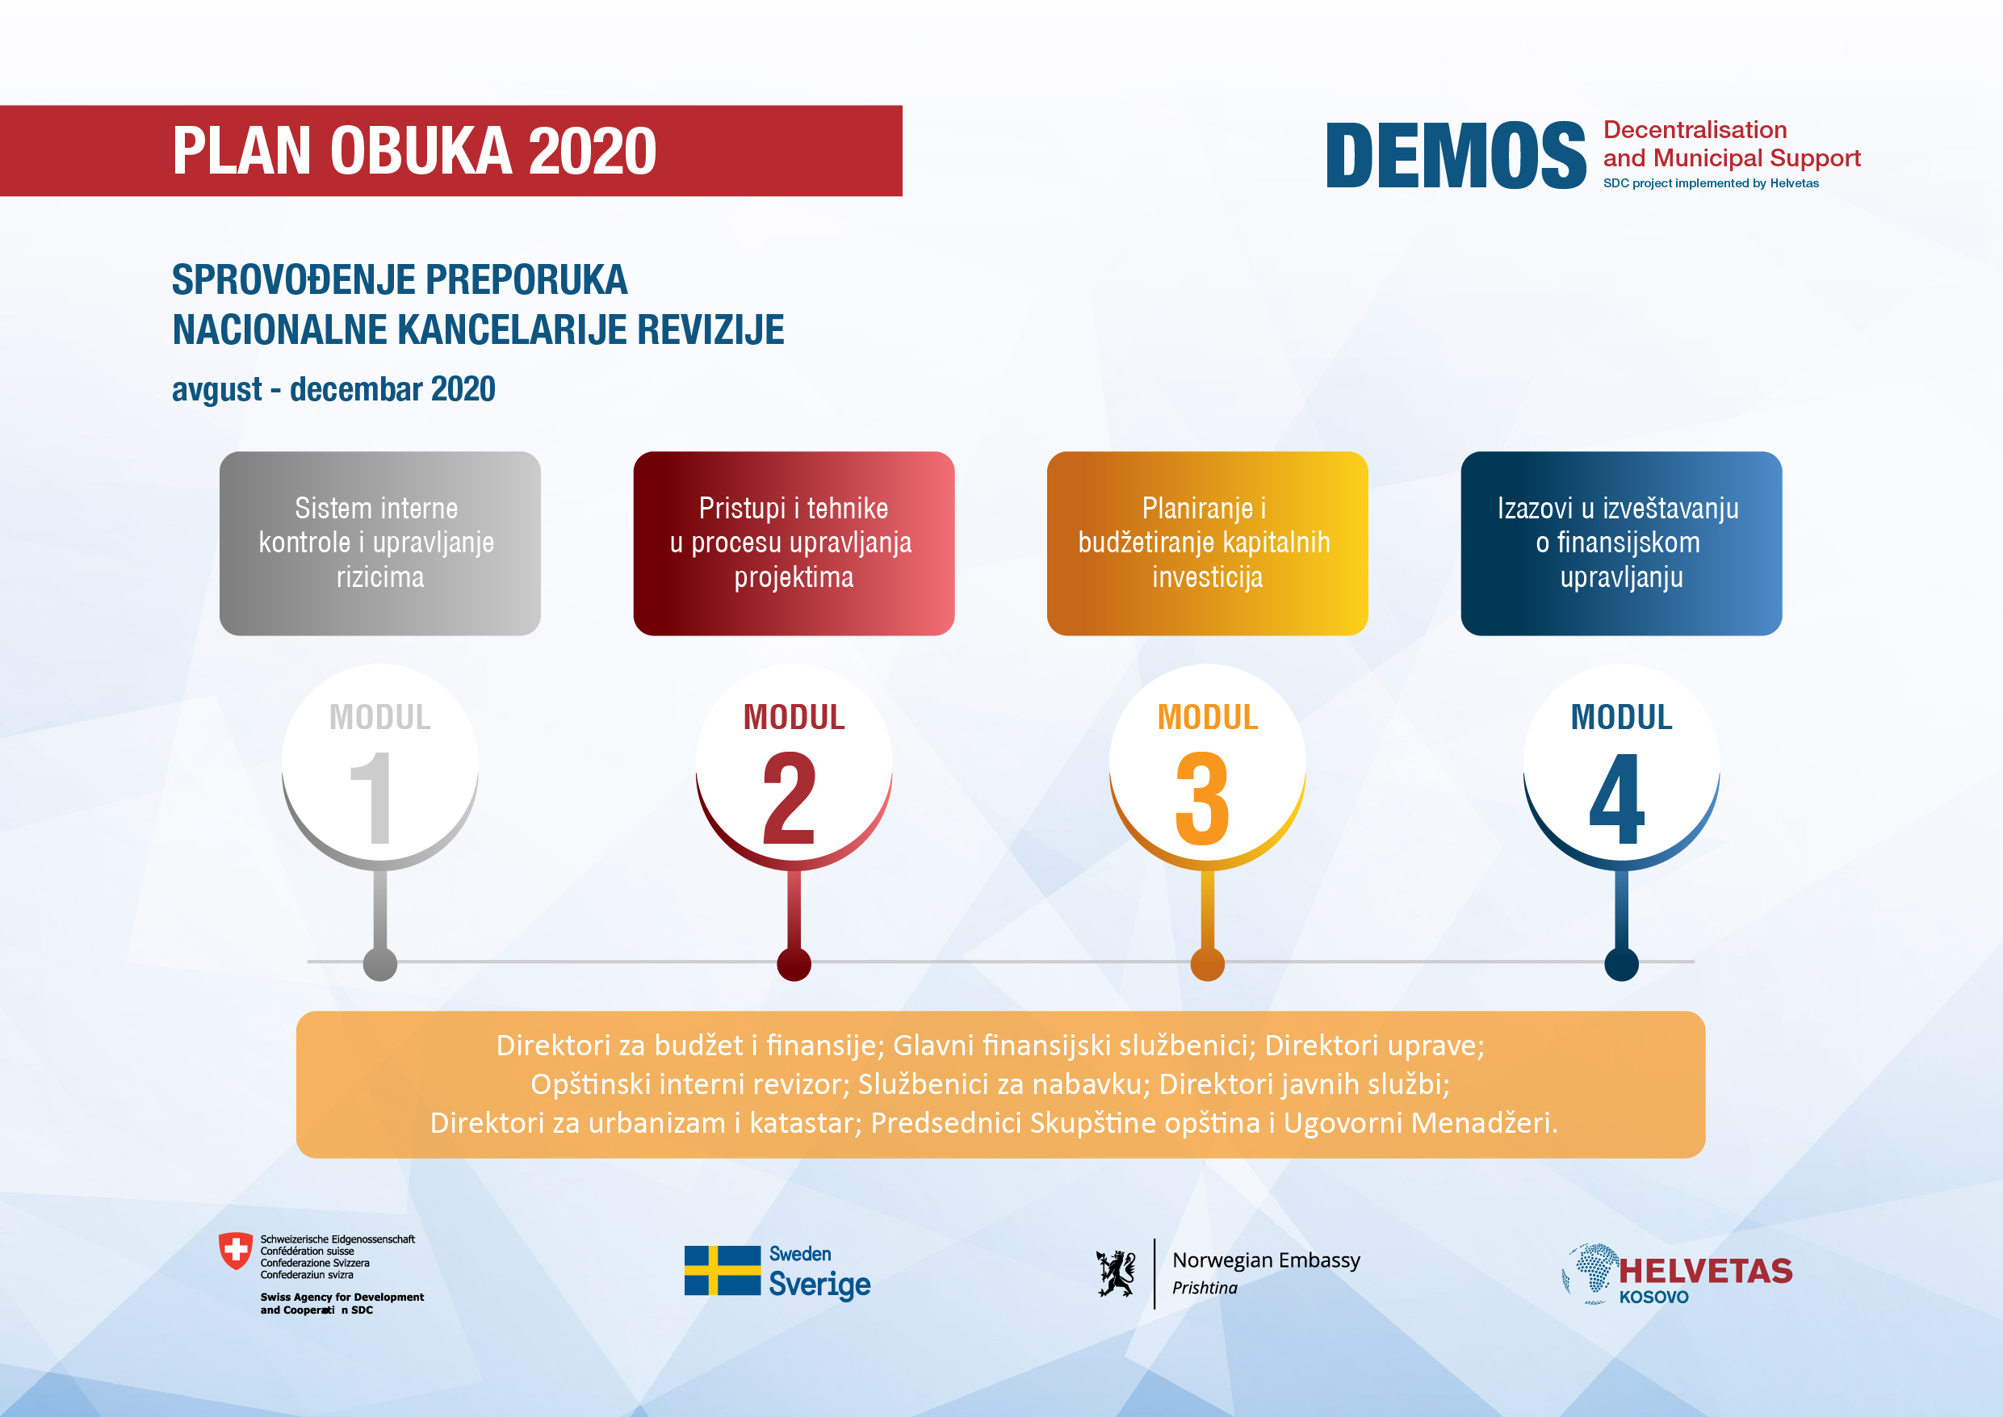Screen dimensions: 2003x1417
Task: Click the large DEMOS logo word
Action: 1455,155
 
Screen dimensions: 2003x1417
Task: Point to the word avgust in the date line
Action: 216,390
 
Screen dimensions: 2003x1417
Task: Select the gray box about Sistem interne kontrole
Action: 379,543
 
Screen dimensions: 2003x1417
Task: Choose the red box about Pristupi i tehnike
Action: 794,543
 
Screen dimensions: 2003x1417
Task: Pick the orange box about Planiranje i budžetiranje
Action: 1208,543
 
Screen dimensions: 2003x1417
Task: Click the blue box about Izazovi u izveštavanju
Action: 1621,543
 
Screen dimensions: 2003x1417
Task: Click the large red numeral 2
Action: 789,798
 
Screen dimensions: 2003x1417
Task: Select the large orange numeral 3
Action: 1202,798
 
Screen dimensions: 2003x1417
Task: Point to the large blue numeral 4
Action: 1616,798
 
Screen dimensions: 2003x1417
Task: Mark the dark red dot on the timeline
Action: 794,963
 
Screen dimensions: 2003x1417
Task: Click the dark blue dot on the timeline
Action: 1621,963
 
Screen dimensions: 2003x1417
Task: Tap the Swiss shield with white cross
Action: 235,1251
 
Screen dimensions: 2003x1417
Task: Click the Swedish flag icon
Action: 723,1269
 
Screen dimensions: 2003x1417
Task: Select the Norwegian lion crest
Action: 1116,1273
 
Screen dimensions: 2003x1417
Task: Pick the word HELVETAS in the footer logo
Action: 1706,1272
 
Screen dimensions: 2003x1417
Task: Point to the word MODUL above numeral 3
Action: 1208,717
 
